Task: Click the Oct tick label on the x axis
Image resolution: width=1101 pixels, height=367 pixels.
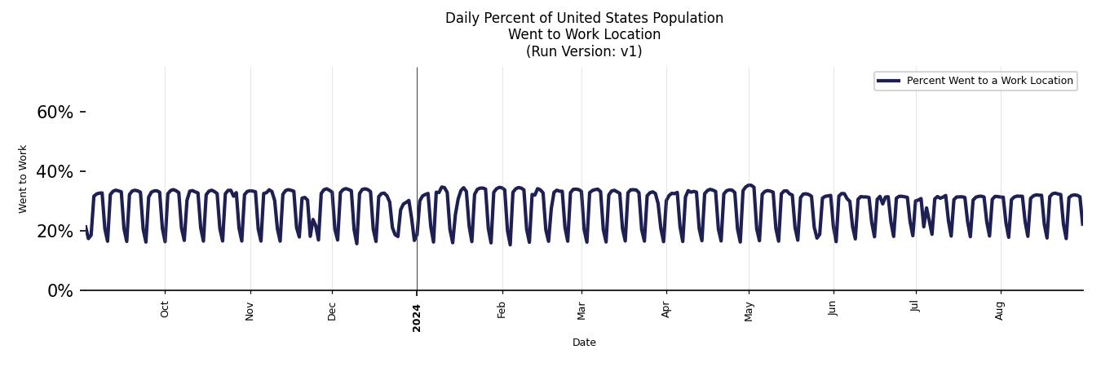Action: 165,311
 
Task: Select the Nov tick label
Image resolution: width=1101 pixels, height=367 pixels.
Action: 250,311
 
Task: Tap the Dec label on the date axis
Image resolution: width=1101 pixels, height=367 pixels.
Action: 332,311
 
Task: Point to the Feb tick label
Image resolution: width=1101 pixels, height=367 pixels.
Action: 502,311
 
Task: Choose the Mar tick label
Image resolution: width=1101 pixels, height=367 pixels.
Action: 581,311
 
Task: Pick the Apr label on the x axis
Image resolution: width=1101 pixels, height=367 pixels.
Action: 666,311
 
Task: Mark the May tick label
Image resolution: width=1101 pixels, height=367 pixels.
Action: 749,312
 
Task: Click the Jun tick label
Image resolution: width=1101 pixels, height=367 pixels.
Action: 833,311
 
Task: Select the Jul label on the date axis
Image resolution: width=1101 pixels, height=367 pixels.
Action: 916,310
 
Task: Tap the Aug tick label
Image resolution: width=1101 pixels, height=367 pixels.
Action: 1000,311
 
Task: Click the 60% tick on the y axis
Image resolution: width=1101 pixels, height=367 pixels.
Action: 55,113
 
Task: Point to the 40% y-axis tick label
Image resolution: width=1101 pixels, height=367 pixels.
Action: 55,172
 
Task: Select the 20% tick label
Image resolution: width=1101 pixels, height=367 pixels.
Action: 55,232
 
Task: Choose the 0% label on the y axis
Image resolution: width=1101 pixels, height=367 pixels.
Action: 60,291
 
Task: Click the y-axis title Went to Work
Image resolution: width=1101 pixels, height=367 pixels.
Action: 23,179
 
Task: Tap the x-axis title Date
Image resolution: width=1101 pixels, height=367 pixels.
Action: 584,343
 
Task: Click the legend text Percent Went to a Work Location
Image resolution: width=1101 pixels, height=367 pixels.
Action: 989,81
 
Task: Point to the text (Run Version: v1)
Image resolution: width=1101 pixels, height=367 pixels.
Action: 584,51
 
